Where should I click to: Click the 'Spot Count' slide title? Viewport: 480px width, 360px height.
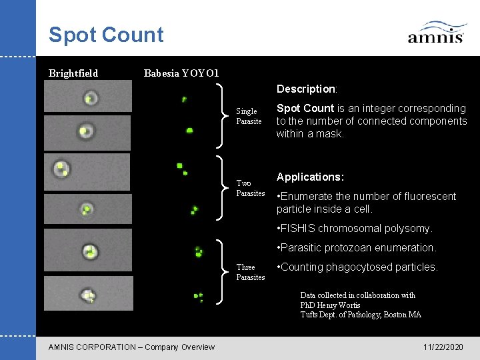[106, 35]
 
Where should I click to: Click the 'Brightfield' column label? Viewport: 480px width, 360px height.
[73, 73]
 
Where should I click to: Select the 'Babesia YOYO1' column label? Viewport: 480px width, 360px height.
[181, 73]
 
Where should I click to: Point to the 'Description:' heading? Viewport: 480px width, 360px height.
[307, 89]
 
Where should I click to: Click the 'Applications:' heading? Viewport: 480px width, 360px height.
[310, 177]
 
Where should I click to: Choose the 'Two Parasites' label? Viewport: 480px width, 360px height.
[250, 188]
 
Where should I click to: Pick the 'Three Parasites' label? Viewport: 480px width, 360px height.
[250, 272]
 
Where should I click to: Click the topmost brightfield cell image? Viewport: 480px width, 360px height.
[88, 97]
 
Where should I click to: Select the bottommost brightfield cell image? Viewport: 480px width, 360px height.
[88, 293]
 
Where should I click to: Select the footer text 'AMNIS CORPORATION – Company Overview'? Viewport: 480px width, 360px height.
[132, 347]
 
